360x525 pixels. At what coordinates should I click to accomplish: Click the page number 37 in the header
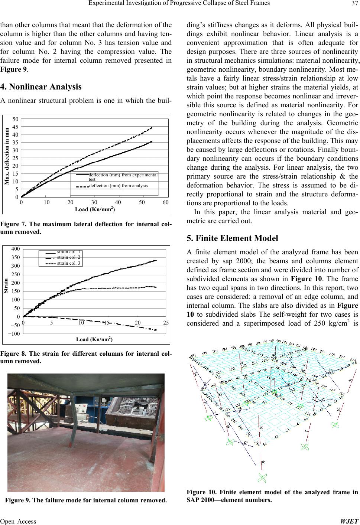click(354, 4)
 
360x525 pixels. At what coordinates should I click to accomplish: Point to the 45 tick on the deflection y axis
click(16, 127)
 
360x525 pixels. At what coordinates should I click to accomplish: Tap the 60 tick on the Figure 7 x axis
click(166, 202)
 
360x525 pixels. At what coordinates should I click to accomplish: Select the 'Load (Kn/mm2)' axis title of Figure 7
click(95, 209)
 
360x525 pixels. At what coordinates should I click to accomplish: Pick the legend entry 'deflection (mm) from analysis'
click(118, 186)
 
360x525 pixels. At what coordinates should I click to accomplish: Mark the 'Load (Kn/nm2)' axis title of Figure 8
click(94, 339)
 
